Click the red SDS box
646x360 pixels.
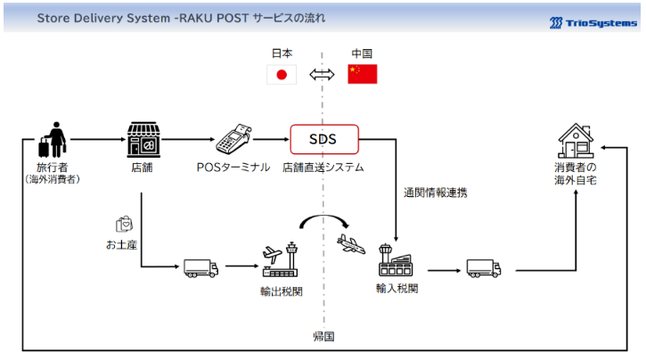[323, 139]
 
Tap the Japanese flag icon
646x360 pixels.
[282, 74]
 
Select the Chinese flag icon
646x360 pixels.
[363, 74]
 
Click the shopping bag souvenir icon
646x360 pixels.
[124, 224]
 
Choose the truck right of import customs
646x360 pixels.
[484, 267]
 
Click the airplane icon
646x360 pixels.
[352, 243]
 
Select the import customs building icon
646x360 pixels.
[397, 259]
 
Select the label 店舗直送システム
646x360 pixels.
[323, 167]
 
